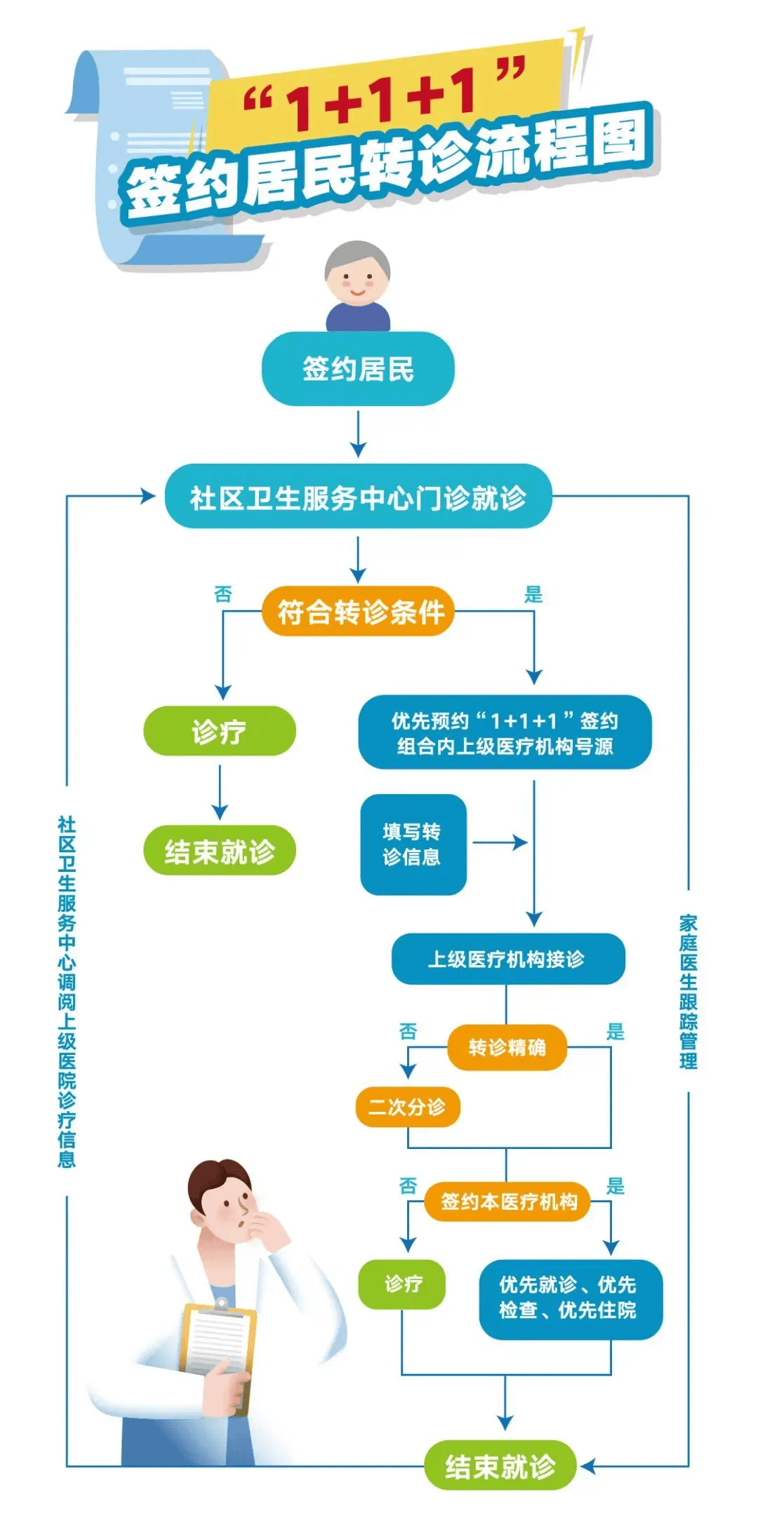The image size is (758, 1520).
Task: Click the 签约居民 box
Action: coord(358,369)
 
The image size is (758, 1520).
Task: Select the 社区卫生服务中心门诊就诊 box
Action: coord(358,497)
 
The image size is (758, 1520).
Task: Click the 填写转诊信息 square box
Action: coord(413,844)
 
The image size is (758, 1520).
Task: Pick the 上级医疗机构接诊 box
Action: coord(507,958)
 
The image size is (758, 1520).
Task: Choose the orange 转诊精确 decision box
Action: coord(507,1047)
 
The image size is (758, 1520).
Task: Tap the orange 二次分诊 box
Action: coord(407,1107)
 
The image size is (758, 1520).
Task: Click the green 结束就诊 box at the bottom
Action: coord(500,1465)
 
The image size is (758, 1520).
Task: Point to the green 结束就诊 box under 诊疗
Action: coord(219,851)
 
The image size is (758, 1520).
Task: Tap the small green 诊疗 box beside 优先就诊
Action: coord(402,1284)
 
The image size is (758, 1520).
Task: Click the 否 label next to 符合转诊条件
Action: coord(223,595)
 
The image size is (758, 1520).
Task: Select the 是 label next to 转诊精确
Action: coord(615,1032)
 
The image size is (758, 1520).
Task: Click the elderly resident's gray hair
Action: coord(357,256)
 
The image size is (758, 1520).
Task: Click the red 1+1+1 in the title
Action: coord(383,98)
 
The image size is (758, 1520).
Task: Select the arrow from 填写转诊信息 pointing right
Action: coord(500,842)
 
